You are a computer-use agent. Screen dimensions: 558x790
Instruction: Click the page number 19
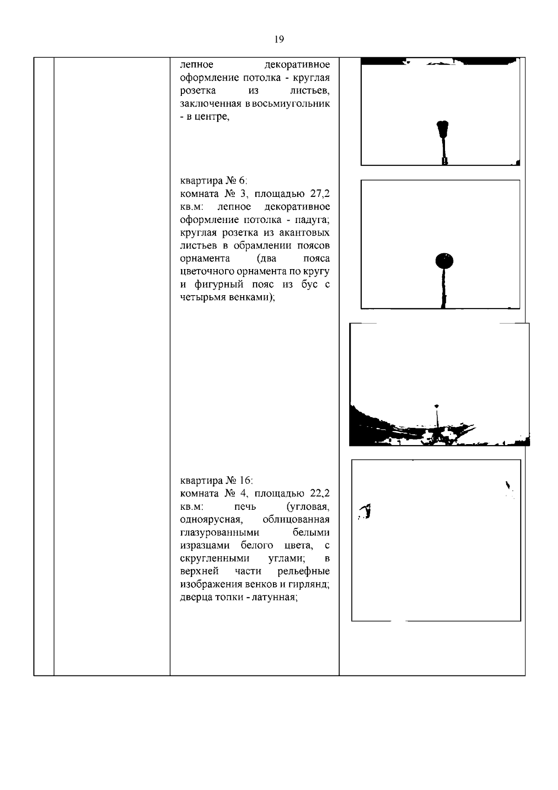(x=279, y=39)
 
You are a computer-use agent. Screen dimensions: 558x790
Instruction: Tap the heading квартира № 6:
(x=213, y=181)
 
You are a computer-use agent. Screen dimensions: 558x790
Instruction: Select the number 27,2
(x=320, y=194)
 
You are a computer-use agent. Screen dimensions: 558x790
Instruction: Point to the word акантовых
(x=305, y=233)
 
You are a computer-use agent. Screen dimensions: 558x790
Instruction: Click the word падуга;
(x=312, y=220)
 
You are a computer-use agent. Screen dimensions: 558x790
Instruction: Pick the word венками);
(x=252, y=297)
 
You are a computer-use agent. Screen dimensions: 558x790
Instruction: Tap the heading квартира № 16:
(x=216, y=480)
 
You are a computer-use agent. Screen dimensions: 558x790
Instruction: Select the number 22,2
(x=320, y=493)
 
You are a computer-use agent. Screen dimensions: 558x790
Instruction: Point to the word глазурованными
(x=219, y=533)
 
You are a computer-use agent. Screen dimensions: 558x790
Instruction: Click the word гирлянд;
(x=309, y=584)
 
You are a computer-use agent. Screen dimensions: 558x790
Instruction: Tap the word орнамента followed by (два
(x=205, y=259)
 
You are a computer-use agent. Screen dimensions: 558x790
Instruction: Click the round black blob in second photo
(x=444, y=261)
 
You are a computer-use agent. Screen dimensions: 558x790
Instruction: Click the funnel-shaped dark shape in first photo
(x=443, y=129)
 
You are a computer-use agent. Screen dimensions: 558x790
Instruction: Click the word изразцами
(x=206, y=546)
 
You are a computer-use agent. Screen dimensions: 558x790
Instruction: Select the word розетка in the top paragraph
(x=198, y=91)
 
